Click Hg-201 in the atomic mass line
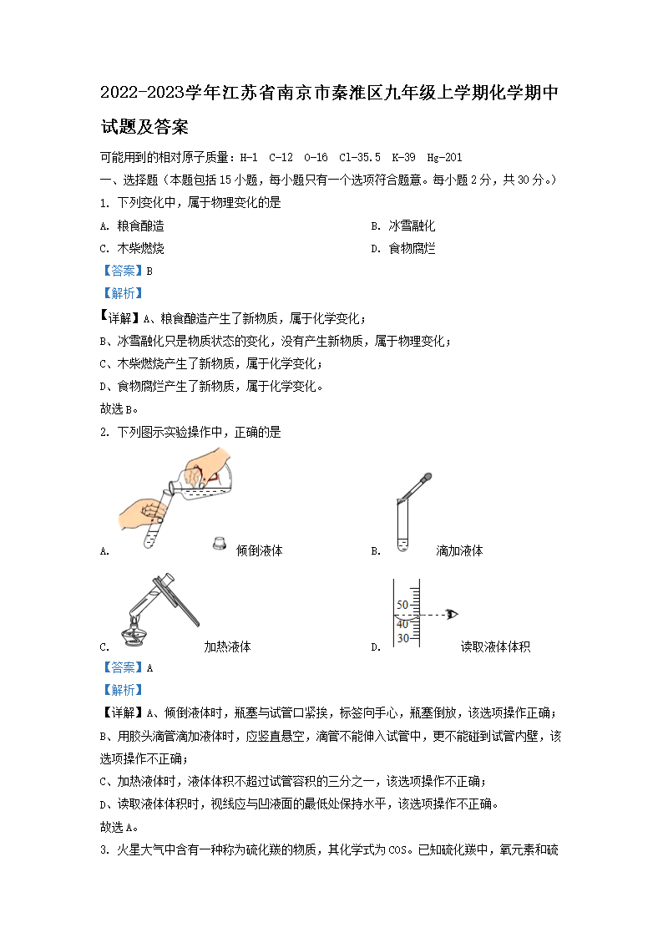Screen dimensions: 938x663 (444, 157)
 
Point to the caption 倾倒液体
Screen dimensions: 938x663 (259, 550)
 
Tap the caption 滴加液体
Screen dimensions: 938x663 (459, 550)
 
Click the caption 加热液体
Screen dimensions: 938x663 (227, 646)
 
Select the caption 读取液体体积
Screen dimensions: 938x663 (495, 646)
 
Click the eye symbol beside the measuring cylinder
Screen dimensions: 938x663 (453, 615)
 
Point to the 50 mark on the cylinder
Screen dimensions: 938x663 (402, 604)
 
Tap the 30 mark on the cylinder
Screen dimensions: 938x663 (402, 638)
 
